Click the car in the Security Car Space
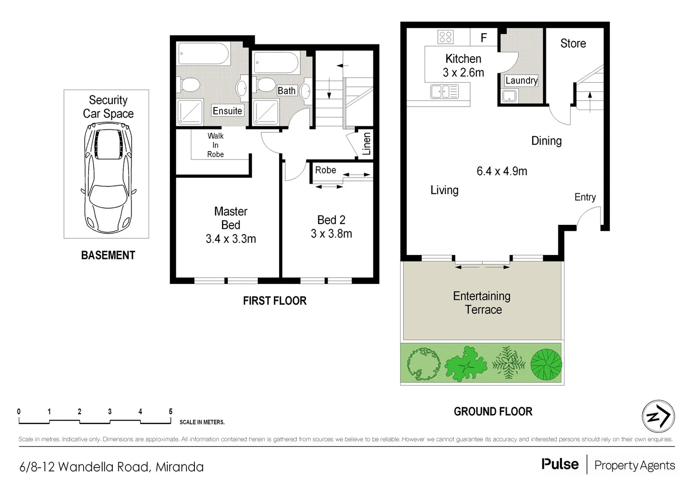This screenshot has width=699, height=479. click(x=108, y=177)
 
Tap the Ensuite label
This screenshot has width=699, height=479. click(x=227, y=111)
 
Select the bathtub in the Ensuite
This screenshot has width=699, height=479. click(x=204, y=55)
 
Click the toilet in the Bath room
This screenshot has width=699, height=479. click(x=265, y=84)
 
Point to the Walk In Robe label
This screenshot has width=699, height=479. click(x=215, y=145)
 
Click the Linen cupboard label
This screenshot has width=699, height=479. click(x=367, y=144)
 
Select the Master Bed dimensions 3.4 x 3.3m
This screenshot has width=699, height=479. click(x=231, y=239)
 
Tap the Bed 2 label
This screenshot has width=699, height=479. click(x=331, y=220)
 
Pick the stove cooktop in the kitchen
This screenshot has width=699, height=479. click(x=445, y=37)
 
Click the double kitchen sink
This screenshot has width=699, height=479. click(x=444, y=92)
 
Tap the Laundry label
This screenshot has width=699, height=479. click(x=521, y=80)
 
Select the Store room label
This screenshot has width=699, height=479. click(x=573, y=43)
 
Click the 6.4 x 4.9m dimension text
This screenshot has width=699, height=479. click(x=502, y=171)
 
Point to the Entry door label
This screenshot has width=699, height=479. click(x=585, y=197)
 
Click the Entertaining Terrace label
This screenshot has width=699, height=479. click(x=482, y=302)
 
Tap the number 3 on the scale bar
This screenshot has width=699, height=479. click(x=110, y=412)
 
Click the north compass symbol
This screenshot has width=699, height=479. click(x=658, y=416)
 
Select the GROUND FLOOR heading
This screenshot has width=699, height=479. click(x=493, y=412)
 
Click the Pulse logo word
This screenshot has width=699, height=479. click(x=560, y=464)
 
